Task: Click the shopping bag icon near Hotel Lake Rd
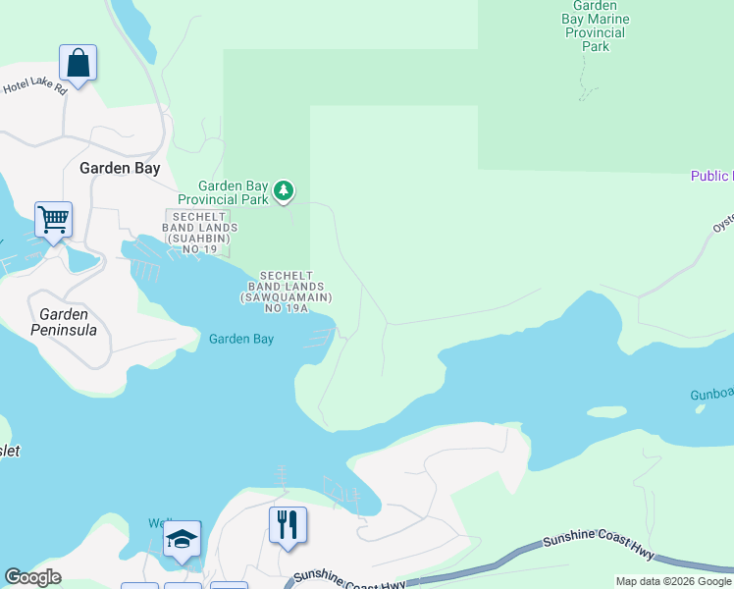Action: [x=78, y=64]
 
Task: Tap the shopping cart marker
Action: [x=53, y=219]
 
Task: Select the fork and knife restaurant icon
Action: [x=288, y=524]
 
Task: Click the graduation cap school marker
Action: [x=182, y=538]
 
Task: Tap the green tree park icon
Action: [x=284, y=189]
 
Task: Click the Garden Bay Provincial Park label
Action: [x=233, y=192]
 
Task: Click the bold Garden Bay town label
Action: [x=119, y=168]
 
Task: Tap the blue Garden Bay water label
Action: [x=241, y=339]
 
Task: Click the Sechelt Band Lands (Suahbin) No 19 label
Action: [x=200, y=233]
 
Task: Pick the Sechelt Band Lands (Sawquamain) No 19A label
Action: [x=287, y=292]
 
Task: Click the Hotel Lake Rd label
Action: [x=35, y=87]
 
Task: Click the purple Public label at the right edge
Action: [x=711, y=176]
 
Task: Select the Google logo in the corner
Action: [x=32, y=577]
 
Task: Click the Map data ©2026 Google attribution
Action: [x=673, y=581]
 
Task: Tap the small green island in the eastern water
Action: [x=606, y=412]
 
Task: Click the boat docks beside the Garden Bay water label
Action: [x=319, y=338]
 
